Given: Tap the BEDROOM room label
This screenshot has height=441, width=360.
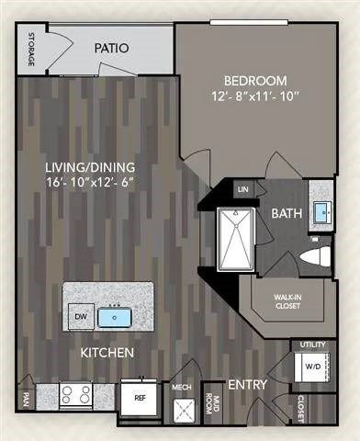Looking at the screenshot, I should pyautogui.click(x=252, y=80).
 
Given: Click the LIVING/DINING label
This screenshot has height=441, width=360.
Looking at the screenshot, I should pyautogui.click(x=90, y=167).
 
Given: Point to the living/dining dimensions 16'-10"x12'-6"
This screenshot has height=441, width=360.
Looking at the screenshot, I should pyautogui.click(x=91, y=184).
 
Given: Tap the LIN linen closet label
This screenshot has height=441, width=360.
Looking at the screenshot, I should pyautogui.click(x=243, y=190).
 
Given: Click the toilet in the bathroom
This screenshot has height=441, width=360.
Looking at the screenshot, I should pyautogui.click(x=315, y=254).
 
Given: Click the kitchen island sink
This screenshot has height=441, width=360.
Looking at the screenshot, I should pyautogui.click(x=117, y=317).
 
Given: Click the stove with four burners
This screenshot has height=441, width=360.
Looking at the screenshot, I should pyautogui.click(x=75, y=395).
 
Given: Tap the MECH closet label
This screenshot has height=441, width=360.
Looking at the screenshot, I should pyautogui.click(x=182, y=389).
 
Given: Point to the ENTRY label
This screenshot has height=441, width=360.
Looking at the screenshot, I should pyautogui.click(x=247, y=383).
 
